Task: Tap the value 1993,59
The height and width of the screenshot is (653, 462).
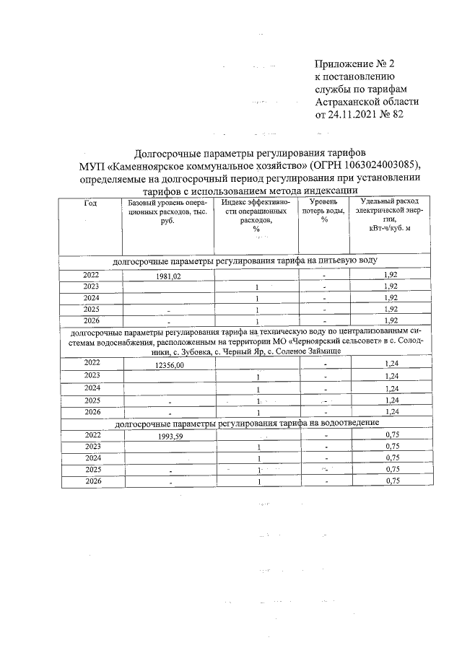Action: (170, 437)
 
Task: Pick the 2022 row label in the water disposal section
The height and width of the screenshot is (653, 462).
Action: (92, 435)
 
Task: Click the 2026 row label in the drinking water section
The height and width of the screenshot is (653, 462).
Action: (92, 320)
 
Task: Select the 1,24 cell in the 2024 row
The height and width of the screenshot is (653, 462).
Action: (391, 389)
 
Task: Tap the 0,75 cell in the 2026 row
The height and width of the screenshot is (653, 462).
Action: (391, 481)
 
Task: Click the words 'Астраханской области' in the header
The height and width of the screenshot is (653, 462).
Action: (367, 101)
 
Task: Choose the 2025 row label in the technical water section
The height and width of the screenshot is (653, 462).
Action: (92, 400)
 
